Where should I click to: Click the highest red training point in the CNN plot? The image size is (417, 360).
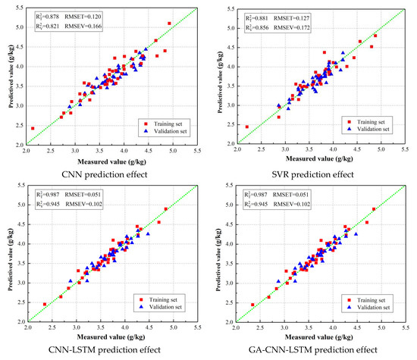coord(170,23)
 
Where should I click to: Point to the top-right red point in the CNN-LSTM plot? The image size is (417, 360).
coord(165,208)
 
